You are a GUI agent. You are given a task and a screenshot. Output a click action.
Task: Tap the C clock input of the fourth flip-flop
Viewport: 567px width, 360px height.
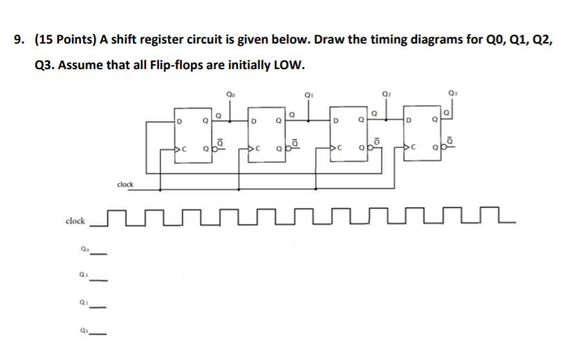tap(413, 146)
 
